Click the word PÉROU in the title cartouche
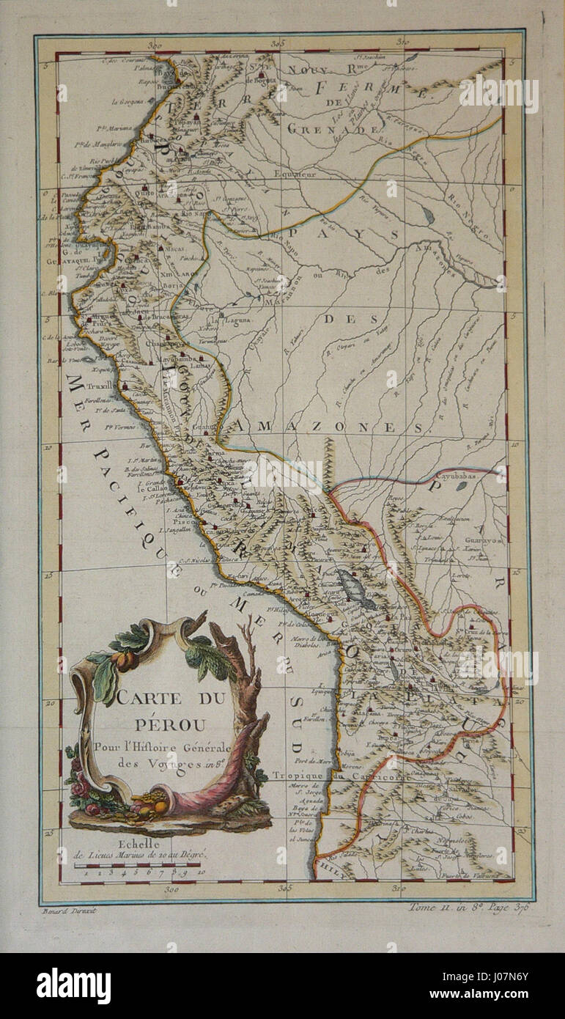[162, 722]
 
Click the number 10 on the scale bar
[201, 873]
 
